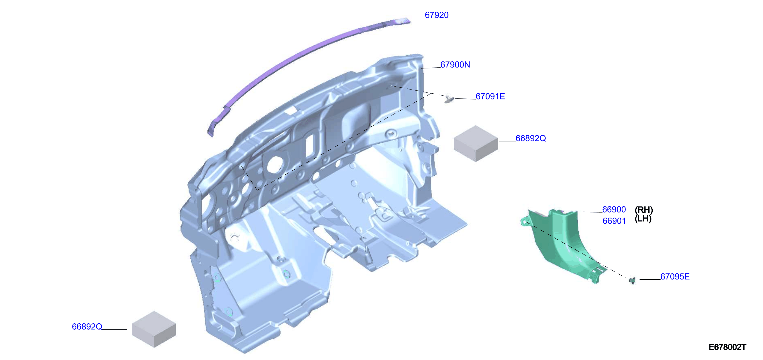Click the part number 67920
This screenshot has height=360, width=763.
tap(437, 15)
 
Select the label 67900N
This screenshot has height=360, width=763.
tap(455, 65)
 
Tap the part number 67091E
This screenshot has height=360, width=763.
tap(490, 96)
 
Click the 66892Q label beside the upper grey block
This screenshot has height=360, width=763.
tap(530, 138)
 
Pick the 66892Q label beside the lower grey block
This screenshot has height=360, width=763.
tap(87, 327)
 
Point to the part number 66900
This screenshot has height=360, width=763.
tap(614, 210)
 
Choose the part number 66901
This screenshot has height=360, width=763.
tap(614, 221)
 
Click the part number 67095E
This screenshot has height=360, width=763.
tap(675, 277)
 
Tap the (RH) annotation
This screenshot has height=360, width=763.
tap(644, 210)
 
